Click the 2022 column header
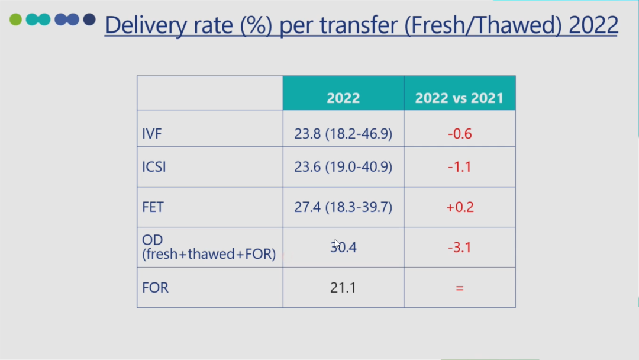click(x=343, y=98)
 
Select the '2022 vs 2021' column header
click(x=459, y=98)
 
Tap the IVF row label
click(x=152, y=134)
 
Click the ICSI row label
click(x=154, y=167)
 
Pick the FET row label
click(x=153, y=207)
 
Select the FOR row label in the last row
click(x=155, y=288)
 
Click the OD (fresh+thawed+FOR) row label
click(x=208, y=247)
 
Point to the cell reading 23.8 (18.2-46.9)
click(x=343, y=134)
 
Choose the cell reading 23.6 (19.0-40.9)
click(x=343, y=167)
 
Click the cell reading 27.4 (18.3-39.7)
click(x=343, y=207)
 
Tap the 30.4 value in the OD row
click(x=344, y=247)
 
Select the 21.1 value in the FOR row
click(x=343, y=288)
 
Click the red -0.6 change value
click(x=460, y=134)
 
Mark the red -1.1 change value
click(x=460, y=167)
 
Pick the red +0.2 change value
click(x=460, y=207)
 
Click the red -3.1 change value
click(x=460, y=247)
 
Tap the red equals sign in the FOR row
click(x=460, y=288)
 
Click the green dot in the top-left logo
click(x=16, y=20)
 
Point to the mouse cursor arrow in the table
click(x=336, y=243)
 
